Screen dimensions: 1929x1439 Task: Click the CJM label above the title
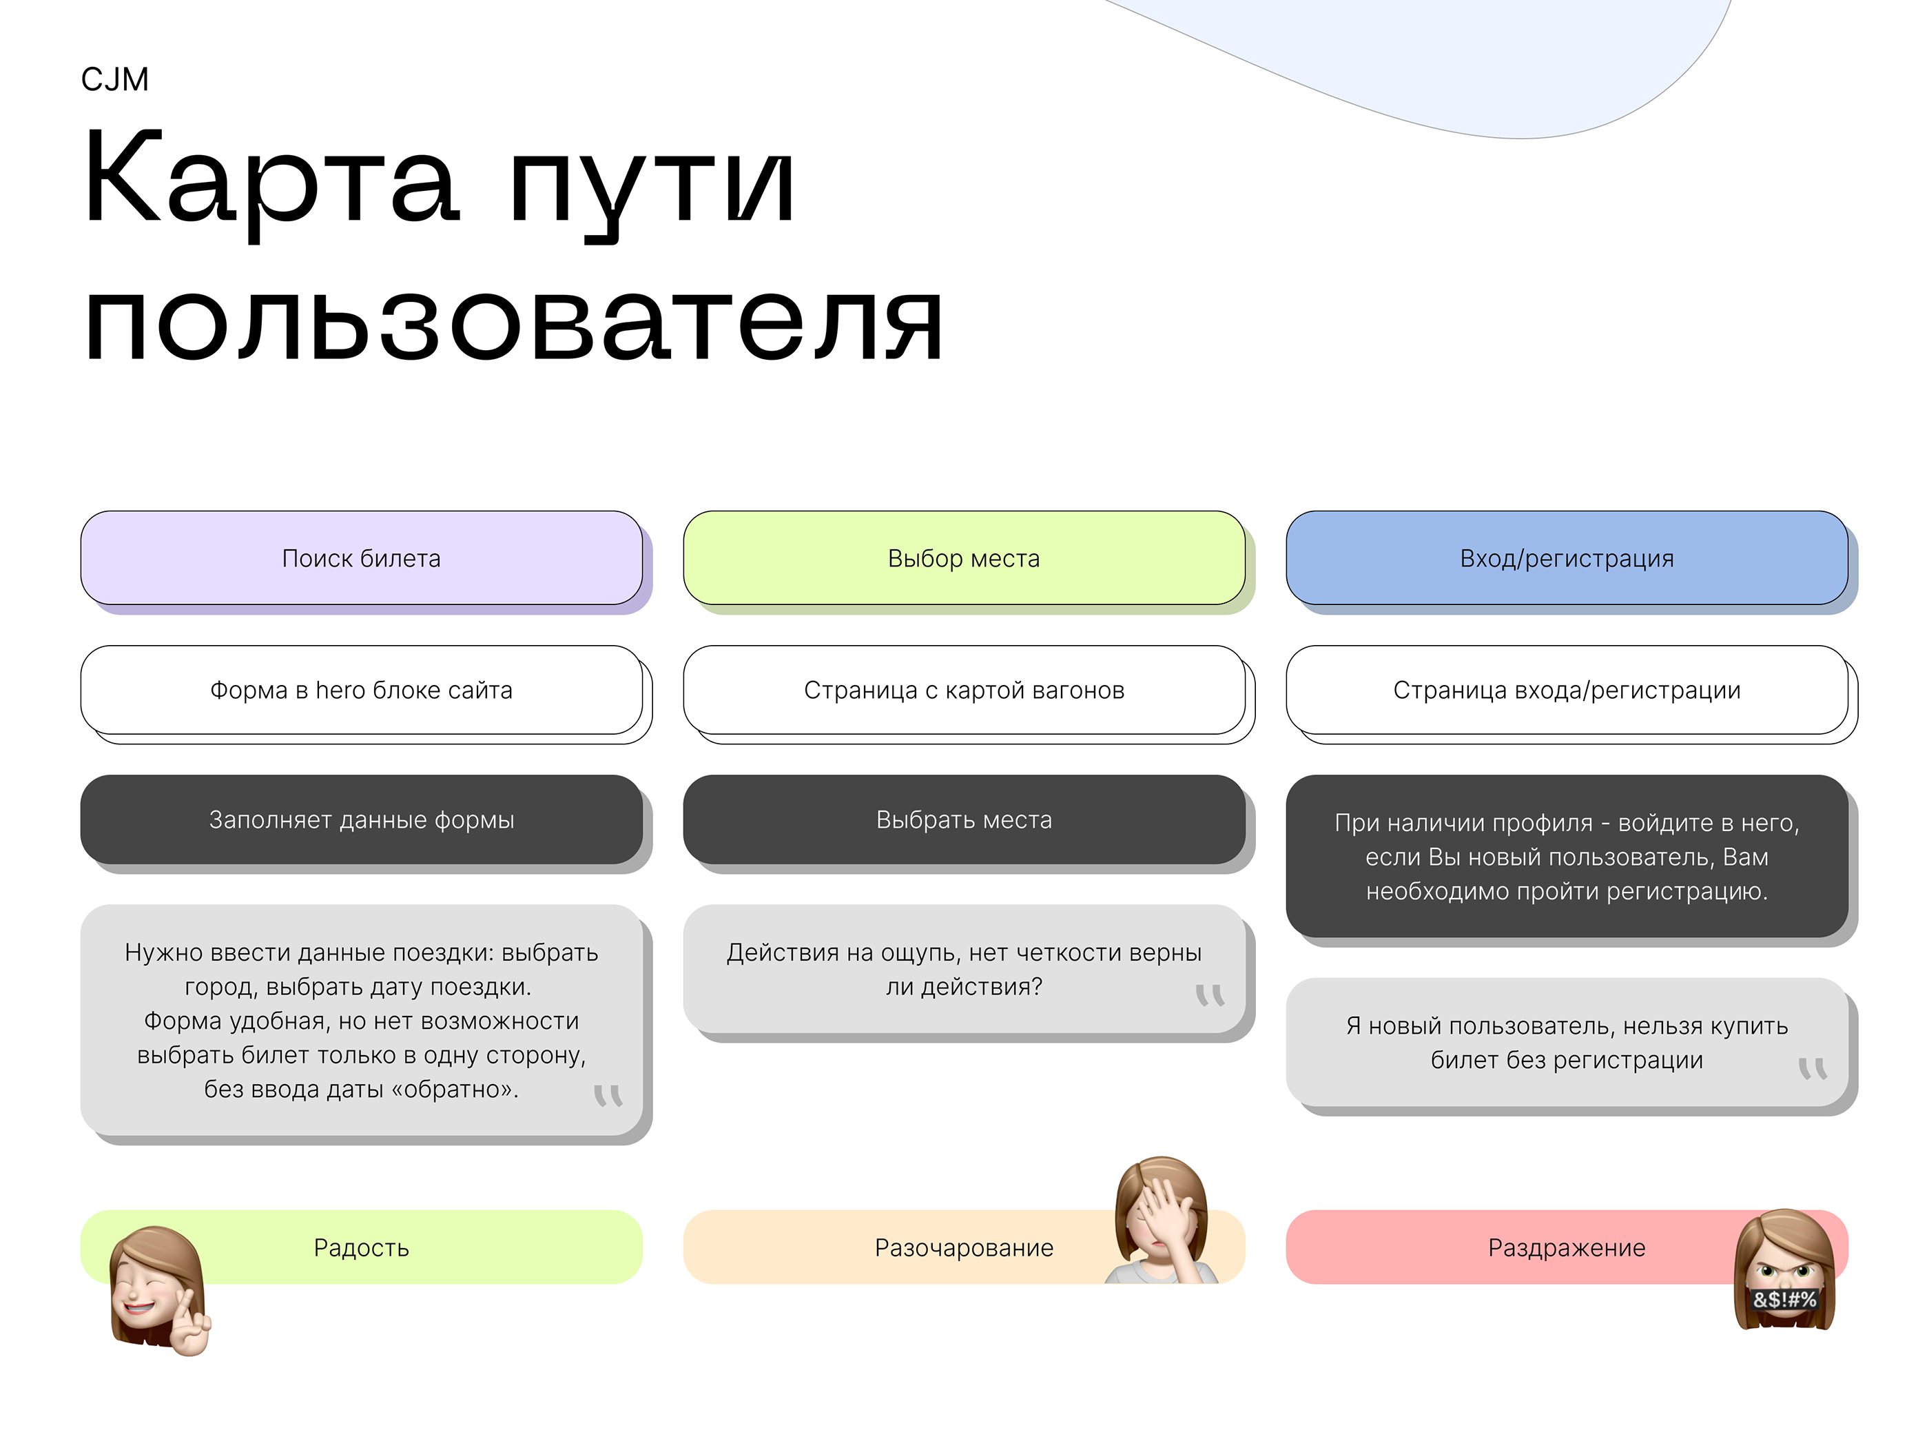pyautogui.click(x=114, y=79)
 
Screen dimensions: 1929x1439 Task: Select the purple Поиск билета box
pyautogui.click(x=362, y=558)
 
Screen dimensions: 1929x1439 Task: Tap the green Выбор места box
pyautogui.click(x=964, y=558)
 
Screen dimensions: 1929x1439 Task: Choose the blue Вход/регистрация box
pyautogui.click(x=1567, y=558)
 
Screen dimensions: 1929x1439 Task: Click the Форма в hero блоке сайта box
pyautogui.click(x=362, y=690)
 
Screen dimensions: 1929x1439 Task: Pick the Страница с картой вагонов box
pyautogui.click(x=964, y=690)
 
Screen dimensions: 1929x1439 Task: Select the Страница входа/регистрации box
pyautogui.click(x=1567, y=690)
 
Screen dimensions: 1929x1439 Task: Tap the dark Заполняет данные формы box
pyautogui.click(x=362, y=819)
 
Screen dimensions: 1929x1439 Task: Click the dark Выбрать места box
pyautogui.click(x=964, y=819)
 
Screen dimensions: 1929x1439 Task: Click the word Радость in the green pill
pyautogui.click(x=362, y=1248)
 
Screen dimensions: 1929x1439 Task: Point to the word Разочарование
pyautogui.click(x=964, y=1248)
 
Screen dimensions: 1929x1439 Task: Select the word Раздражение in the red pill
pyautogui.click(x=1567, y=1248)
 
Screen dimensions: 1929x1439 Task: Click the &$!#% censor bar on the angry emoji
pyautogui.click(x=1784, y=1300)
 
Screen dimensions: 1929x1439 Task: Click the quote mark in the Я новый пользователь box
pyautogui.click(x=1813, y=1069)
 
